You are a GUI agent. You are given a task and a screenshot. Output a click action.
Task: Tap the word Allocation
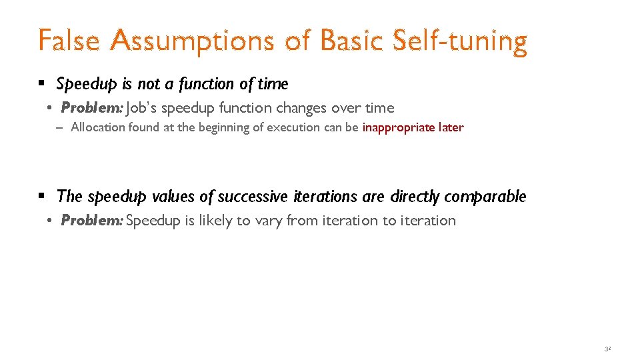[95, 127]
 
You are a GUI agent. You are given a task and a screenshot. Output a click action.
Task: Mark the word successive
[254, 197]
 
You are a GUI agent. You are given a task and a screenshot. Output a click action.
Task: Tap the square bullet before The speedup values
[42, 197]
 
